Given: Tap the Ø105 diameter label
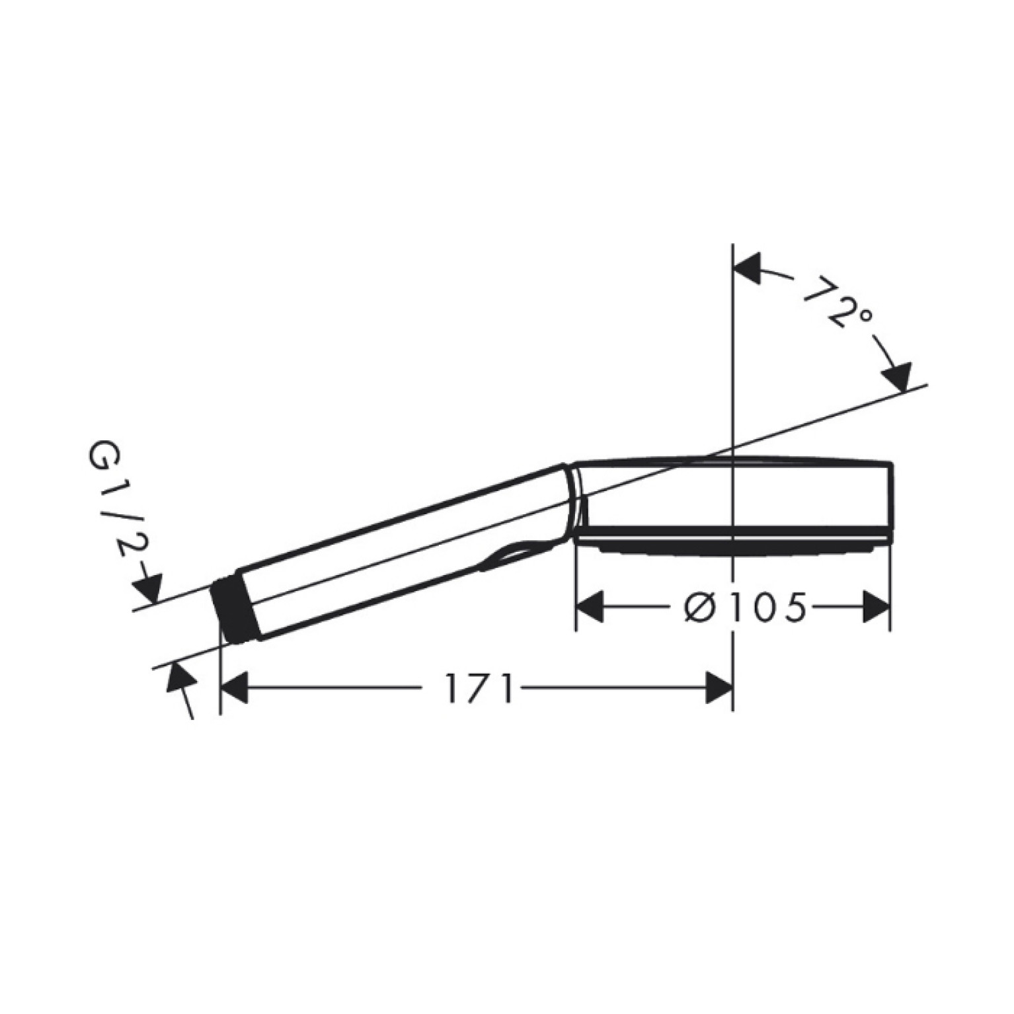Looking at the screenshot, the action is coord(745,606).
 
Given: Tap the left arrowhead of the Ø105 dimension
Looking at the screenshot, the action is coord(590,606).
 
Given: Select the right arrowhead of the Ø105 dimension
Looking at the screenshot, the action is coord(877,606).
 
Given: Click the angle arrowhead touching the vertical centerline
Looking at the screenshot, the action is coord(747,267).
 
